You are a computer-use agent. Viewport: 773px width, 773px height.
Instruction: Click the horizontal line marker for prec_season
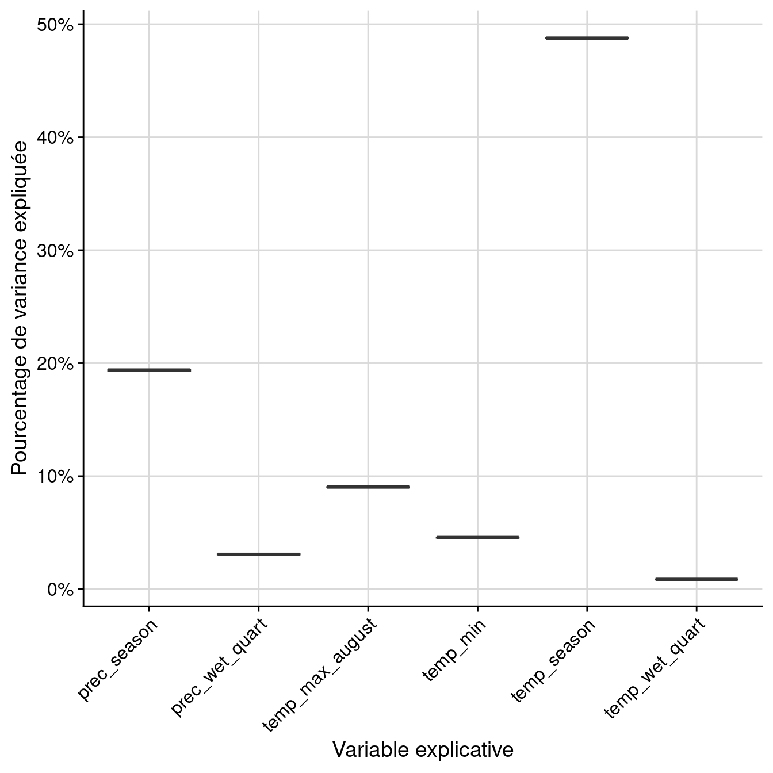tap(149, 370)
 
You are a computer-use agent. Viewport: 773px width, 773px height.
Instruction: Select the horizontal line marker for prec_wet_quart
tap(259, 554)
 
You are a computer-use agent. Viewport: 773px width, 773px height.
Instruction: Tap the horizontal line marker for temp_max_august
tap(368, 487)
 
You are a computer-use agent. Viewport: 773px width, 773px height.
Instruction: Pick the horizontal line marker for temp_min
tap(477, 537)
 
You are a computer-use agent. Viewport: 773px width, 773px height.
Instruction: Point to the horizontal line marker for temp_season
tap(587, 38)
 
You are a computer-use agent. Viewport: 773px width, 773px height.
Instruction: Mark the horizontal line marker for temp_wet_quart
tap(697, 579)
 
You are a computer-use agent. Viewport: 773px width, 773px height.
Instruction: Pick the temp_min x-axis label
tap(454, 650)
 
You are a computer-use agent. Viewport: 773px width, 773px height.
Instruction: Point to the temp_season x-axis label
tap(553, 661)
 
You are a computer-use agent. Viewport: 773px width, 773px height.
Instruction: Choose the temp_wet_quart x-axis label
tap(655, 668)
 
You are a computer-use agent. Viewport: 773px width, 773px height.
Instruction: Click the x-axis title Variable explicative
tap(423, 750)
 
